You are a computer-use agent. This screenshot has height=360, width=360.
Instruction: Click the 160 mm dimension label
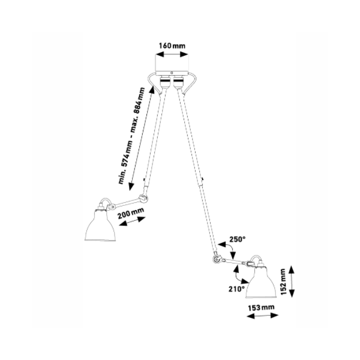(172, 46)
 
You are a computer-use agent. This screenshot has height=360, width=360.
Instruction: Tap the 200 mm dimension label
(131, 214)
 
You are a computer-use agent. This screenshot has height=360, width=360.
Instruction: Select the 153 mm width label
(261, 307)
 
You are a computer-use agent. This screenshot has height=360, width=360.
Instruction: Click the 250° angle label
(238, 239)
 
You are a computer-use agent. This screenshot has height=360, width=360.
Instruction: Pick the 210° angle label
(236, 289)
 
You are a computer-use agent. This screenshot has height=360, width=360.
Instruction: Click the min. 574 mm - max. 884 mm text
(132, 136)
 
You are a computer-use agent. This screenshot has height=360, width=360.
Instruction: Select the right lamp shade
(261, 283)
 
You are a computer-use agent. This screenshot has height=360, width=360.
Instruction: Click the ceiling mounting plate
(172, 73)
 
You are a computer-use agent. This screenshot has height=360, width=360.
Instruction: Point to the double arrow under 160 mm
(172, 55)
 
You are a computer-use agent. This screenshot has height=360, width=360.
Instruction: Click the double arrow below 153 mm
(262, 316)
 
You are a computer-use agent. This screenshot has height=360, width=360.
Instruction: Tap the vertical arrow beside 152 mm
(292, 281)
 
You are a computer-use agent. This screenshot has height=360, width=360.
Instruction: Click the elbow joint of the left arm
(143, 197)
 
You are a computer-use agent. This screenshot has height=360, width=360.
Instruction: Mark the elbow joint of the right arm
(217, 259)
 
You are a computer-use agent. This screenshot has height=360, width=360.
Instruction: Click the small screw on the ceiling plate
(172, 73)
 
